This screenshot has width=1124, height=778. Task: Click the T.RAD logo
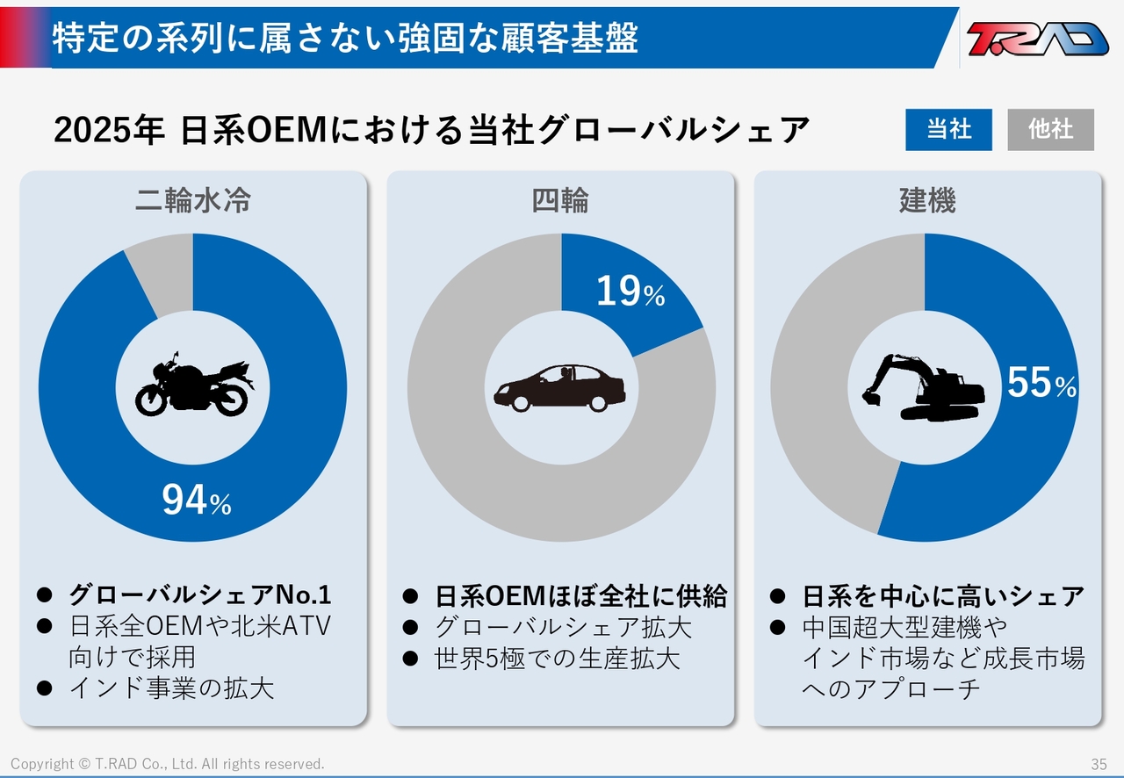1037,38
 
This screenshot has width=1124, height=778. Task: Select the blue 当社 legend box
948,129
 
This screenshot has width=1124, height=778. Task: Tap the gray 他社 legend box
1051,129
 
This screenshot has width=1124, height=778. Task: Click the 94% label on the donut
196,500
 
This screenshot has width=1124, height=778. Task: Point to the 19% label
630,291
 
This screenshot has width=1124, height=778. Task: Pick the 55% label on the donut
1041,383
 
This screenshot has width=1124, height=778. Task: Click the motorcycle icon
194,385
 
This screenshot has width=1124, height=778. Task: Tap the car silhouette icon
559,388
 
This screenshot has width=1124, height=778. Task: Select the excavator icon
923,387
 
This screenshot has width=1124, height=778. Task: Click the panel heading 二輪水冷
193,200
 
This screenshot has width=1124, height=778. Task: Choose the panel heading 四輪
560,200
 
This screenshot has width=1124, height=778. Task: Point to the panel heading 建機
927,200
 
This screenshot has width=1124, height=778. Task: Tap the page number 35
1099,764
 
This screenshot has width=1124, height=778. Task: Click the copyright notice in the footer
168,764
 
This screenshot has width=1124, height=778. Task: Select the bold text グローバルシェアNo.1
199,594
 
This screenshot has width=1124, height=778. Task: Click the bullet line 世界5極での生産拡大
557,659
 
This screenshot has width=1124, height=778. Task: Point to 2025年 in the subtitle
110,129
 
